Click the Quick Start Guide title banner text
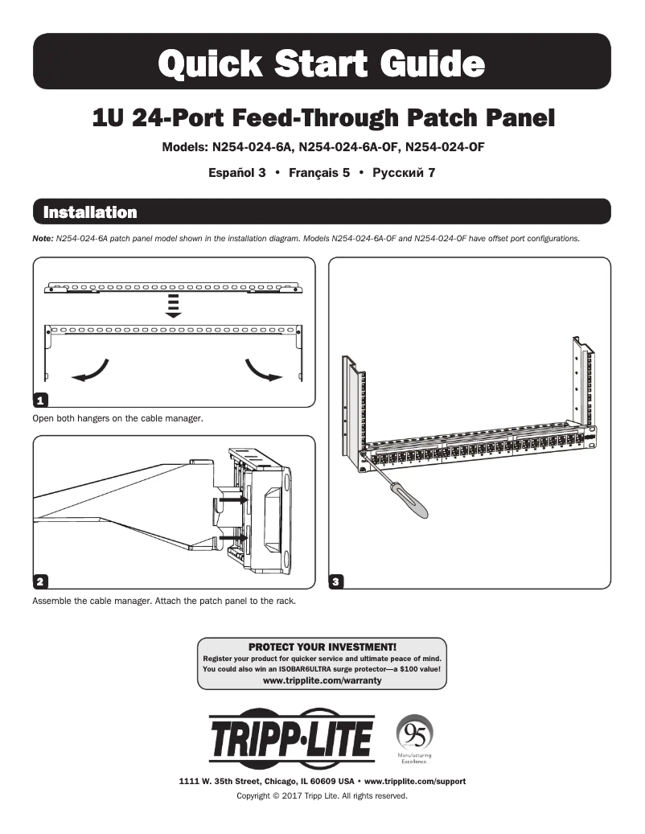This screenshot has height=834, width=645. tap(322, 62)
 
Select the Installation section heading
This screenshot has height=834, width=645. tap(89, 213)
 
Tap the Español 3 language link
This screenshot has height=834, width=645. tap(237, 172)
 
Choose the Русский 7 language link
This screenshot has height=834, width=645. tap(404, 172)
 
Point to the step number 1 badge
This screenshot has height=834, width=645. tap(39, 400)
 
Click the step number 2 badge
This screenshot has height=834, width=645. tap(39, 581)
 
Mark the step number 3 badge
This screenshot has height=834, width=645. tap(337, 581)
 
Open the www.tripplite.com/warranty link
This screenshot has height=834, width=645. tap(322, 680)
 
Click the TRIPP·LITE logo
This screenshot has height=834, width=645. tap(291, 738)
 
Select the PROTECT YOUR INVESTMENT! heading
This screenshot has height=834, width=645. tap(322, 647)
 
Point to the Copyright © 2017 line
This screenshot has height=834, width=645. tap(322, 796)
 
